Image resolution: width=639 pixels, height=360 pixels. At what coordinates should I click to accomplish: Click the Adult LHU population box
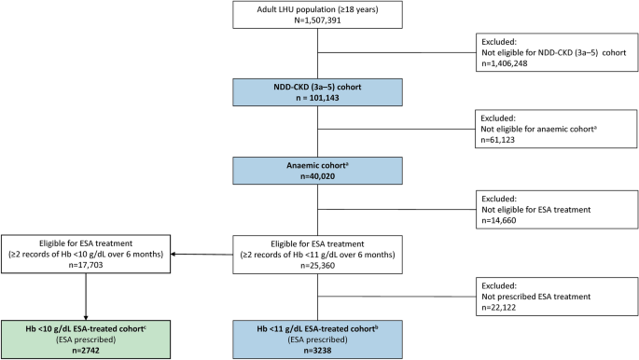(x=319, y=17)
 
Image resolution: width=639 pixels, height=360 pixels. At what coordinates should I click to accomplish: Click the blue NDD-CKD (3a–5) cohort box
(x=319, y=94)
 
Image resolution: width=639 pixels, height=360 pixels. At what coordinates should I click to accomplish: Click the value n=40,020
(x=319, y=179)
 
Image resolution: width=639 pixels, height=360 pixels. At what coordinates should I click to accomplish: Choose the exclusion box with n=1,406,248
(x=556, y=54)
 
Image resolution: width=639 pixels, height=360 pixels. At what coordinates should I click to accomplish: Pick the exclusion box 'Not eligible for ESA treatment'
(x=556, y=211)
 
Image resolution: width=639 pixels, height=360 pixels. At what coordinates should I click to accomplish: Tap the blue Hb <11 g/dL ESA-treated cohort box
(x=319, y=330)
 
